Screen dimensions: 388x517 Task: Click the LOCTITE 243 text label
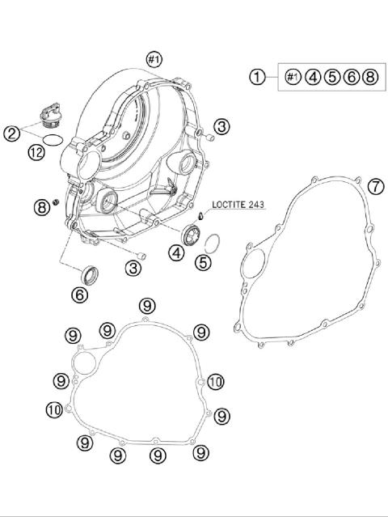click(x=238, y=205)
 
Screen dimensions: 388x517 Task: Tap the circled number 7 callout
click(x=376, y=187)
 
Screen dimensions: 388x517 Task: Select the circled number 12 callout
click(x=36, y=153)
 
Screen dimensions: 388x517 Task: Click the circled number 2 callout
click(x=12, y=133)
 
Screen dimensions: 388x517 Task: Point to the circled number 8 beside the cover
click(x=42, y=207)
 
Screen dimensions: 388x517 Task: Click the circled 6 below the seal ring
click(x=80, y=294)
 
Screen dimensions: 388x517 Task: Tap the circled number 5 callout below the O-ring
click(x=203, y=262)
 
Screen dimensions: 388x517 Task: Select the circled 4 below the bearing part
click(x=177, y=253)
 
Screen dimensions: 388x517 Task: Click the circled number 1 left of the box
click(x=257, y=77)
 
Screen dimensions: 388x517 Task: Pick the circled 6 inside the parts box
click(x=351, y=77)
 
